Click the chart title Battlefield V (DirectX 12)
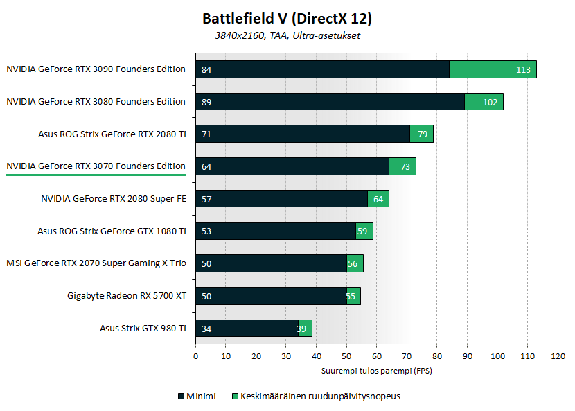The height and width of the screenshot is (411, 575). point(287,17)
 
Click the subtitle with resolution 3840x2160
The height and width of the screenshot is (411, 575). point(287,35)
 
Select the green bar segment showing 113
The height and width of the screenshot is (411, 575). point(493,69)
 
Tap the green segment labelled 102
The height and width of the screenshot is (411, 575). point(484,102)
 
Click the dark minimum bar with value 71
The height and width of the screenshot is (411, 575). point(303,134)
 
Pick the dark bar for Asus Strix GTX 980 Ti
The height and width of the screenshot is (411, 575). point(247,329)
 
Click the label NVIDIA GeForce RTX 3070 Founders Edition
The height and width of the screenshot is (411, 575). point(96,166)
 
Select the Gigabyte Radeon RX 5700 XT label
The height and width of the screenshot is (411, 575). point(127,296)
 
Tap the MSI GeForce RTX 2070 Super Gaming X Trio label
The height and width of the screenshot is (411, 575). point(96,263)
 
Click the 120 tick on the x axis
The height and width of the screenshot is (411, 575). point(558,356)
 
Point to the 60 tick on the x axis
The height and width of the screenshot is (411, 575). point(377,356)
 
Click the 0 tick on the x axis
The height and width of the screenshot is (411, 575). point(196,356)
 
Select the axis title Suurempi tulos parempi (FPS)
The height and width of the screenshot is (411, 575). point(377,371)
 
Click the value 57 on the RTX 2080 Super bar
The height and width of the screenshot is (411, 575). point(206,199)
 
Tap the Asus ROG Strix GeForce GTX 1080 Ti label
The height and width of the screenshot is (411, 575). point(112,231)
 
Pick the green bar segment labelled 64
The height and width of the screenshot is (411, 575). point(378,199)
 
